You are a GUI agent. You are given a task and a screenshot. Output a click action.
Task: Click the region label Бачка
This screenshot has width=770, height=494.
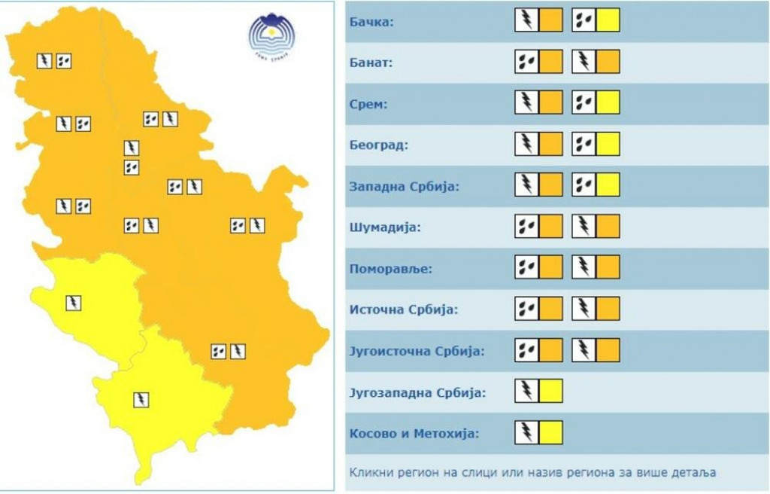coord(371,21)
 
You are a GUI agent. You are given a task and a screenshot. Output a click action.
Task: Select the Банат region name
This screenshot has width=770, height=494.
coord(371,63)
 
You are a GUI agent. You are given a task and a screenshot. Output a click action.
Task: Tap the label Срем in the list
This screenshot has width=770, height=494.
coord(368,104)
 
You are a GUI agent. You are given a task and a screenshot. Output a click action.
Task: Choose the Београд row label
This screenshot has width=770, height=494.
coord(379,145)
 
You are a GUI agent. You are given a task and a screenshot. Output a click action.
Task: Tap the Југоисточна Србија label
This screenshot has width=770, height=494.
coord(416,350)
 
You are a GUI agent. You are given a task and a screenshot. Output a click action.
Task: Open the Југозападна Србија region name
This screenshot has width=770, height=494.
coord(417,392)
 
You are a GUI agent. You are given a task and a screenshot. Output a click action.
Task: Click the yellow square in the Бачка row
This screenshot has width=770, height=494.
coord(608,20)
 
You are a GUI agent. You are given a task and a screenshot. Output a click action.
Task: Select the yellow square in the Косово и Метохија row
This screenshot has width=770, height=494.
coord(550,432)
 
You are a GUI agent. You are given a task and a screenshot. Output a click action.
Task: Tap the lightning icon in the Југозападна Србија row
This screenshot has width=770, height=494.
coord(526,391)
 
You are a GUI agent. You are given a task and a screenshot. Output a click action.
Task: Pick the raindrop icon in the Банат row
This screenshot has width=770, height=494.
coord(526,62)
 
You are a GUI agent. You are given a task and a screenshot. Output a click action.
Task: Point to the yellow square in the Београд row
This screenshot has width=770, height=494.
coord(608,144)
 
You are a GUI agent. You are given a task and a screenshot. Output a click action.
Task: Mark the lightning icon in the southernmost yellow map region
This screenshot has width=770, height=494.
coord(141,400)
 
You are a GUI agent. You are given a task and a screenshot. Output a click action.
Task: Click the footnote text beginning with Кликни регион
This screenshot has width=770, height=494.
coord(532,473)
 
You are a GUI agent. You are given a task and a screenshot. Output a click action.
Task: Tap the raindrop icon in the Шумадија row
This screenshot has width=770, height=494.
coord(526,226)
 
